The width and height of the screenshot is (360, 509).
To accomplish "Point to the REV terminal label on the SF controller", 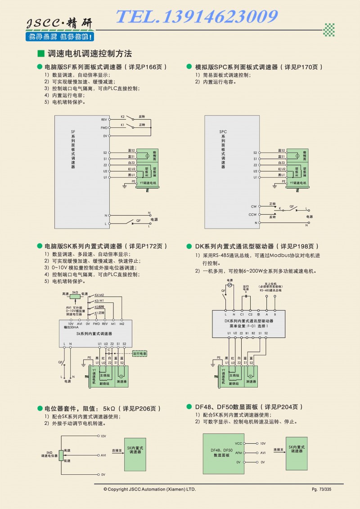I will click(x=103, y=120).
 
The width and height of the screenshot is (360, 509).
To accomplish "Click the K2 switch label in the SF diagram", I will click(x=122, y=116).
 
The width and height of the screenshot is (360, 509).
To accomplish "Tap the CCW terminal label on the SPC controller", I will click(x=253, y=215).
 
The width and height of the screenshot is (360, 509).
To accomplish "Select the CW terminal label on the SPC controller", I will click(x=254, y=207).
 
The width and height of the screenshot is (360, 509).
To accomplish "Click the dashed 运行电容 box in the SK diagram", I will click(x=139, y=354).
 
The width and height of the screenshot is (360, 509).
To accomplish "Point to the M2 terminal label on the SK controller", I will click(x=122, y=324).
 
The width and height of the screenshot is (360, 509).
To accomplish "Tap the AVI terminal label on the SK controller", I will click(x=79, y=324).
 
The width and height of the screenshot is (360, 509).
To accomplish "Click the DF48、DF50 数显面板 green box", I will click(x=221, y=453).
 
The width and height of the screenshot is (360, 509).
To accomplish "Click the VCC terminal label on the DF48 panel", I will click(x=238, y=443).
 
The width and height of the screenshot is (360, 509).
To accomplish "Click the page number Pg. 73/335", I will click(x=321, y=489).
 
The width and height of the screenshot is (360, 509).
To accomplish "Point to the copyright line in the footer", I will click(x=150, y=489).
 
